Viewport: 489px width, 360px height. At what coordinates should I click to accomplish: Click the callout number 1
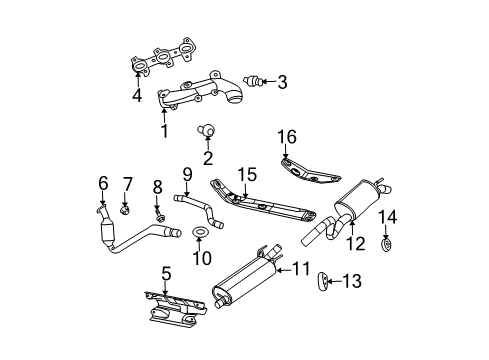pyautogui.click(x=165, y=131)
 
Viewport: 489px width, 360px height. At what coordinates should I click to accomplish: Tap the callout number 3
pyautogui.click(x=282, y=82)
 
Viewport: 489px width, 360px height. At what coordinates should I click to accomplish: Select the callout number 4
pyautogui.click(x=136, y=97)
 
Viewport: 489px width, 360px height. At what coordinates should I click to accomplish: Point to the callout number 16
pyautogui.click(x=288, y=135)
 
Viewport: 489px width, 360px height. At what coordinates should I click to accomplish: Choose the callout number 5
pyautogui.click(x=167, y=271)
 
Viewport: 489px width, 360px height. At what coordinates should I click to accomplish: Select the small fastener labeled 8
pyautogui.click(x=160, y=213)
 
